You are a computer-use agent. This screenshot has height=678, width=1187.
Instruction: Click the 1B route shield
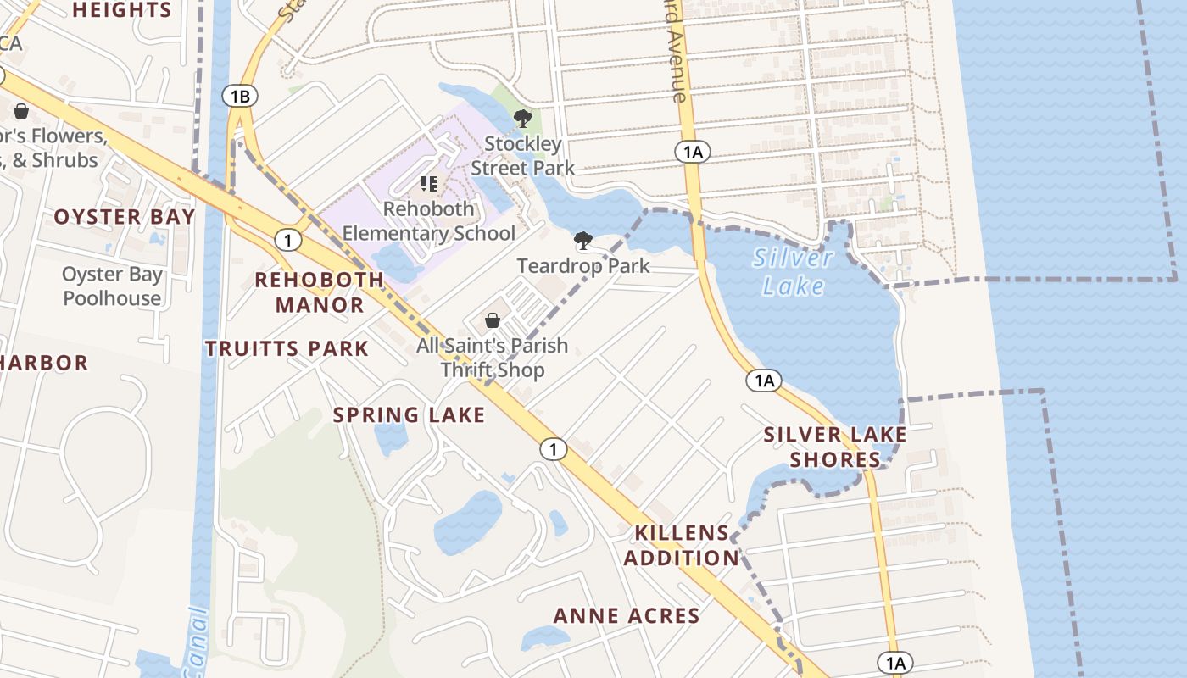[x=240, y=96]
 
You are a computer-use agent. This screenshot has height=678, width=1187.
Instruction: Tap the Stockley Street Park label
[x=522, y=156]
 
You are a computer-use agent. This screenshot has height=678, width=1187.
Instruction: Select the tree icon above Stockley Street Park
[x=523, y=119]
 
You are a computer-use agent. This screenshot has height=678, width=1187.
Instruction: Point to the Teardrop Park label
[x=583, y=265]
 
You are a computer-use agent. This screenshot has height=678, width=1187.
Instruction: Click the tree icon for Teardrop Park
[x=582, y=242]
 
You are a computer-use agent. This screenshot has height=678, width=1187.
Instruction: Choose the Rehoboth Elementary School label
[x=428, y=221]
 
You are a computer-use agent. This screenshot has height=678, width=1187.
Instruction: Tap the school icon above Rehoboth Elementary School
[x=429, y=183]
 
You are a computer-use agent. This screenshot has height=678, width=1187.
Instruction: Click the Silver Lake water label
[x=793, y=271]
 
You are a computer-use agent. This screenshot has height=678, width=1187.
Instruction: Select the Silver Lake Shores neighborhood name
[x=835, y=447]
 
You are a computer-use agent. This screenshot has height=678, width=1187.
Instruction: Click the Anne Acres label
[x=627, y=616]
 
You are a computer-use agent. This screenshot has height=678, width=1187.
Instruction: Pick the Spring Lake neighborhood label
[x=409, y=414]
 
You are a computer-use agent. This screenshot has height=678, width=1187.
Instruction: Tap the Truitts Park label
[x=287, y=348]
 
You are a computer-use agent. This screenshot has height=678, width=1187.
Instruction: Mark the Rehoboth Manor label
[x=320, y=292]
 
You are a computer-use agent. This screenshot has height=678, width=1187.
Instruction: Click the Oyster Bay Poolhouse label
[x=112, y=286]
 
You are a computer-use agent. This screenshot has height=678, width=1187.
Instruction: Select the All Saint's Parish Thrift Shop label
[x=492, y=358]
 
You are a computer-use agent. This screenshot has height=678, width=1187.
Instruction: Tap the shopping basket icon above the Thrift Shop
[x=492, y=320]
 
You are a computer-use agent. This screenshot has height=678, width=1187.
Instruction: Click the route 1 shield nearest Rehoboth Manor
[x=288, y=241]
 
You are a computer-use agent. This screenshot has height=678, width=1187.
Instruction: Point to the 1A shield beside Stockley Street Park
[x=693, y=153]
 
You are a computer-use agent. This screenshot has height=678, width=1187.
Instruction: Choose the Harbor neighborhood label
[x=44, y=363]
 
